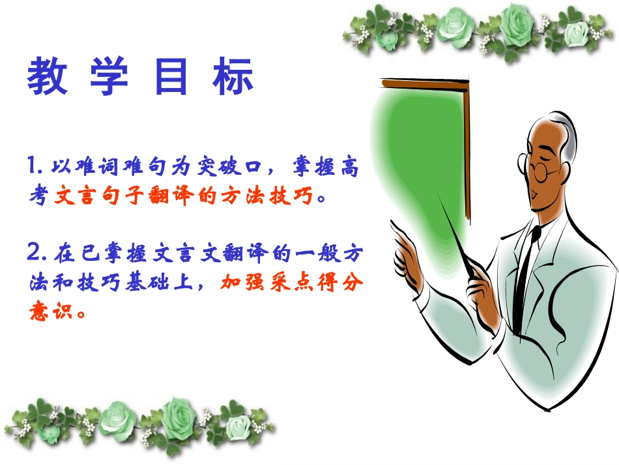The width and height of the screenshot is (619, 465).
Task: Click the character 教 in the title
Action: click(48, 78)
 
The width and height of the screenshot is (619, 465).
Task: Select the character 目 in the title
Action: click(171, 78)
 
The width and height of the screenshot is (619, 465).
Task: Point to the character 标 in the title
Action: click(232, 78)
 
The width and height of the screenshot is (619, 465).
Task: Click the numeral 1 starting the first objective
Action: click(32, 167)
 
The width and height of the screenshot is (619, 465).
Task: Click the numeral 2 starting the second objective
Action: click(35, 252)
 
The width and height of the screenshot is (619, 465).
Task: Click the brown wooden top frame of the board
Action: click(424, 83)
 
